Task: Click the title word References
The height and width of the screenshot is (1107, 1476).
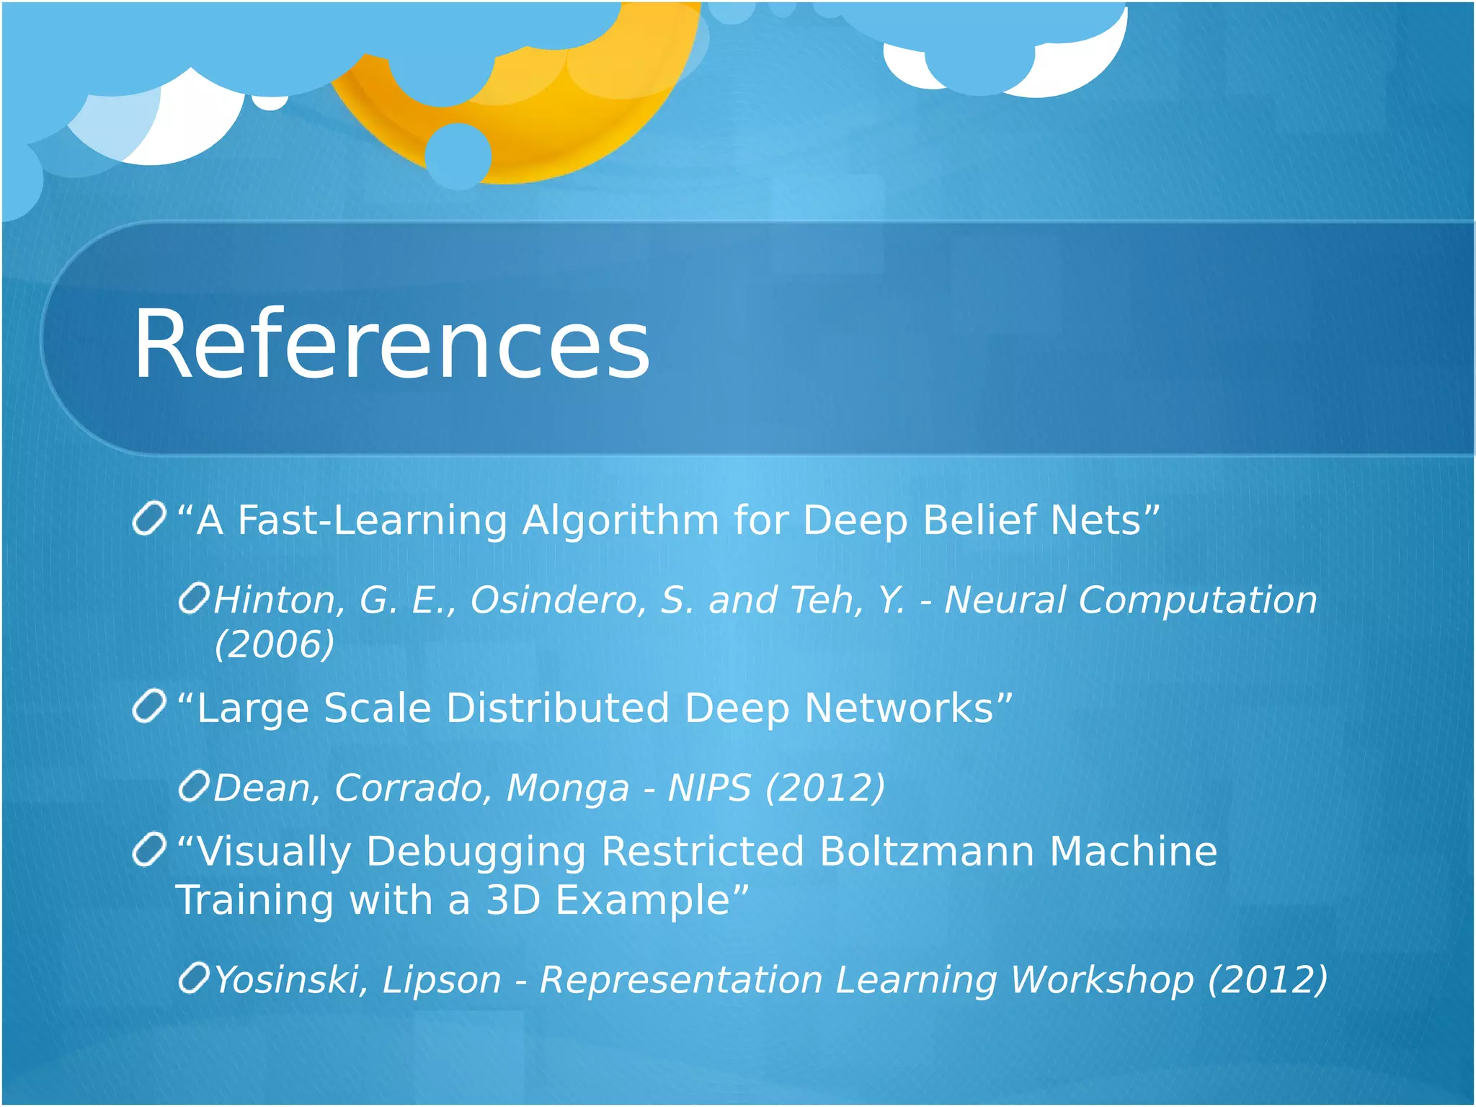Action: (391, 344)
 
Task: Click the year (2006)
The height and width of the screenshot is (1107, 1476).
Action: (275, 644)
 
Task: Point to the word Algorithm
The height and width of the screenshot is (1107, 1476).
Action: (621, 520)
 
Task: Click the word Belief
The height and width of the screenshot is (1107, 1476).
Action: (979, 520)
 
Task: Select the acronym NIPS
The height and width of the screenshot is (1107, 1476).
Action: (709, 788)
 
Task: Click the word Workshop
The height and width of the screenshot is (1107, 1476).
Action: (1101, 980)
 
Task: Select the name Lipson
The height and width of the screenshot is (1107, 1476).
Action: (441, 980)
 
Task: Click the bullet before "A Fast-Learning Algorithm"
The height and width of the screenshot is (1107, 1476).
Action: (150, 520)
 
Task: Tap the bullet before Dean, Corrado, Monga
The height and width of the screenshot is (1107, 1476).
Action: (194, 786)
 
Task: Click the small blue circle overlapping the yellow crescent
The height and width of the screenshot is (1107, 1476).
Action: (458, 156)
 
